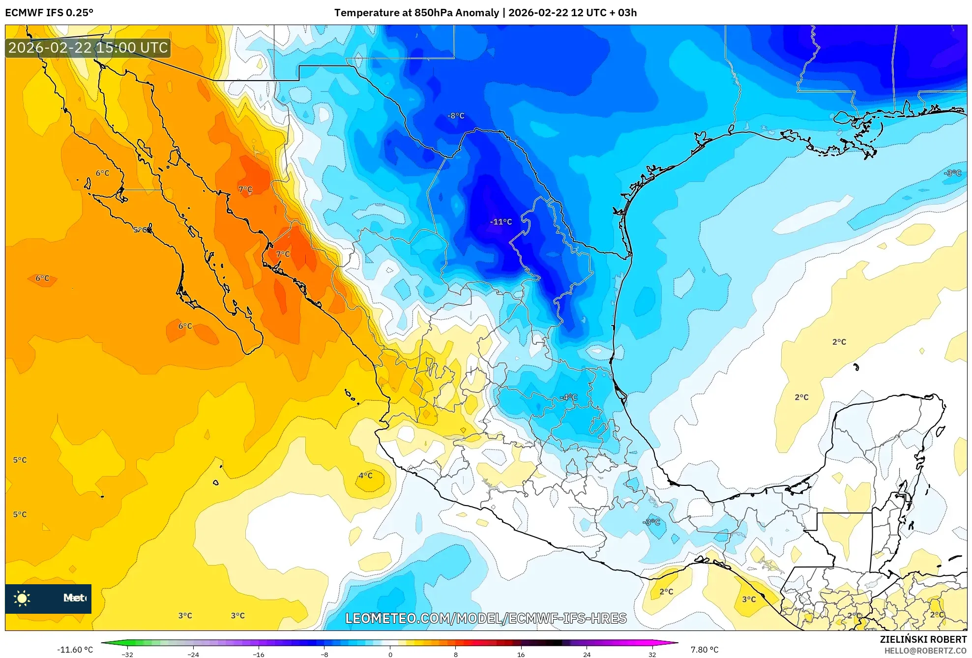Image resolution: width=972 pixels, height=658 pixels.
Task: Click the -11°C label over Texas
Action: [x=501, y=222]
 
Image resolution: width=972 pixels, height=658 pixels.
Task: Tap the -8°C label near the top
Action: [x=456, y=116]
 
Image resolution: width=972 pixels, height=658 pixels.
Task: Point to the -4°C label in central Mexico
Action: [x=568, y=397]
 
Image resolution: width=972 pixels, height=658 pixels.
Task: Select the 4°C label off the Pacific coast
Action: [x=365, y=476]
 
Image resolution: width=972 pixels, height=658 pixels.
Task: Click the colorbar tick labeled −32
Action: [x=127, y=654]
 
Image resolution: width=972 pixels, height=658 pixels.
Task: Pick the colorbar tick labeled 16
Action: [x=521, y=654]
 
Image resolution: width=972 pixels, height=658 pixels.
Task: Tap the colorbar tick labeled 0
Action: [x=390, y=654]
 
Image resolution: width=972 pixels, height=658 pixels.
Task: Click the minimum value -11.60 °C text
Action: [x=75, y=650]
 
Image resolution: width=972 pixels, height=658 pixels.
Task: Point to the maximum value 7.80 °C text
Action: [x=705, y=650]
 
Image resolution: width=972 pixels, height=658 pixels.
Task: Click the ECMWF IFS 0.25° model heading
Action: [x=49, y=13]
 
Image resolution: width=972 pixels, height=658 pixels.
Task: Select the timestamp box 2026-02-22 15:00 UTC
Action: [x=88, y=48]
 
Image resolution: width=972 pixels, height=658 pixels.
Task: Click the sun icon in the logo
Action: [x=22, y=598]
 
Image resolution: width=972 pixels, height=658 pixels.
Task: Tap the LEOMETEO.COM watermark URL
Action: [x=486, y=618]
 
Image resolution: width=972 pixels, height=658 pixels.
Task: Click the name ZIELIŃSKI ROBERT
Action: [x=923, y=639]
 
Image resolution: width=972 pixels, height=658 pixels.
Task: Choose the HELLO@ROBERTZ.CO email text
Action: [x=925, y=651]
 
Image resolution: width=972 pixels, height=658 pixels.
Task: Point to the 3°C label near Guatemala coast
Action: [x=749, y=599]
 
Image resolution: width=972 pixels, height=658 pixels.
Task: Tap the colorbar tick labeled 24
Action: [x=587, y=654]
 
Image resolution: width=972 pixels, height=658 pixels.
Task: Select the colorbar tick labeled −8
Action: [x=324, y=654]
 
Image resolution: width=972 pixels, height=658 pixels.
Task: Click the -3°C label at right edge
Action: [x=952, y=173]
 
